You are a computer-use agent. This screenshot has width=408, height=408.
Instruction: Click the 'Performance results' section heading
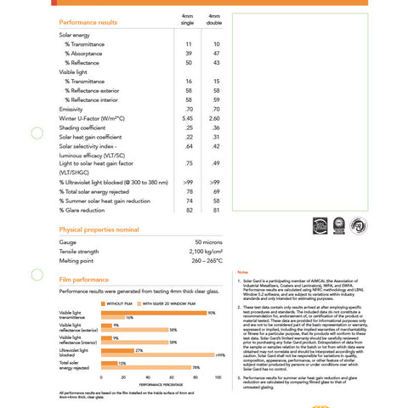89,21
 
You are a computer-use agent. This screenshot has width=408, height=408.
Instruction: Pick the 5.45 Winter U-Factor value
188,118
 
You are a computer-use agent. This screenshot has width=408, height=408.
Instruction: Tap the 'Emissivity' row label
71,109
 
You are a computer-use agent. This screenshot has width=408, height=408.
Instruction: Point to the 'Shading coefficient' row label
85,127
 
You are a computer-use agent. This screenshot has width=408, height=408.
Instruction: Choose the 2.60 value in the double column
215,118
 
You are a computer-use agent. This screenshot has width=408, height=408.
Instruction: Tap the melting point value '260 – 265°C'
203,261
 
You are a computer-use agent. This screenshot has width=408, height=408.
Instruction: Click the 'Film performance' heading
83,279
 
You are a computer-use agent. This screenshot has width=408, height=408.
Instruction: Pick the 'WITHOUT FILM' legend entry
117,303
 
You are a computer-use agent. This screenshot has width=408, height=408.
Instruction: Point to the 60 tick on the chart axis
172,377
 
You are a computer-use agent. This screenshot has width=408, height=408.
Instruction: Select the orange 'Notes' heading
243,270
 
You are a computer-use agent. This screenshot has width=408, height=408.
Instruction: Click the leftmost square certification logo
320,225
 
